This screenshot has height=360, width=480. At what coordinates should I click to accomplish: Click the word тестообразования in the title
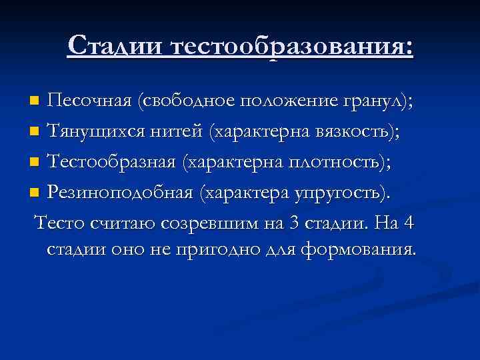pos(292,46)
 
